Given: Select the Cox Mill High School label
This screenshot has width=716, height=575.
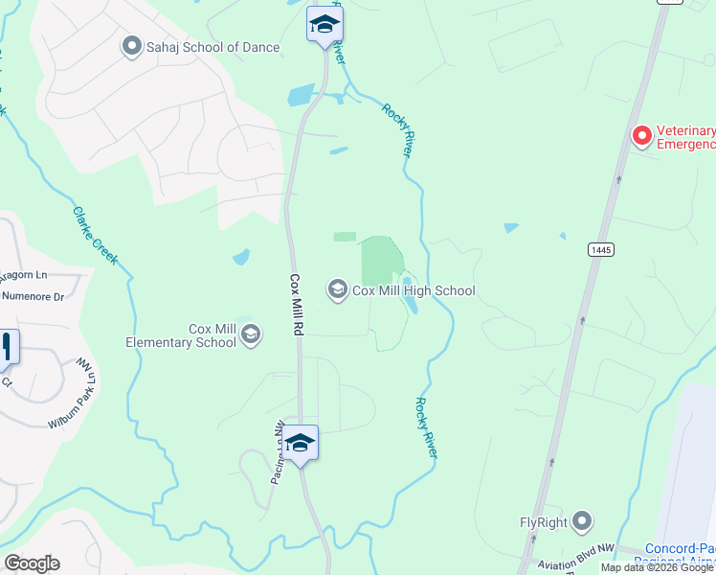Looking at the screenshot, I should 414,290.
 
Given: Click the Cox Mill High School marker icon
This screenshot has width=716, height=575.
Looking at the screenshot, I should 337,289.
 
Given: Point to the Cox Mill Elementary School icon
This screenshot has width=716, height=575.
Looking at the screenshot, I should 251,334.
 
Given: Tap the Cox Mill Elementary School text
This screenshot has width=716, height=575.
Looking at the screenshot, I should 181,335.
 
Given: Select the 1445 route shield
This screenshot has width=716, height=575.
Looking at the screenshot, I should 601,249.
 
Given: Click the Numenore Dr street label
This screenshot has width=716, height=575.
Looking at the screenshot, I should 32,296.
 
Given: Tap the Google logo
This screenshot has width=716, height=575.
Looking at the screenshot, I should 32,563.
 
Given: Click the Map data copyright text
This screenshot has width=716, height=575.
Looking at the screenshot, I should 658,567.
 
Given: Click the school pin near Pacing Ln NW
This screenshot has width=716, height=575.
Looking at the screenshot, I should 301,443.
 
